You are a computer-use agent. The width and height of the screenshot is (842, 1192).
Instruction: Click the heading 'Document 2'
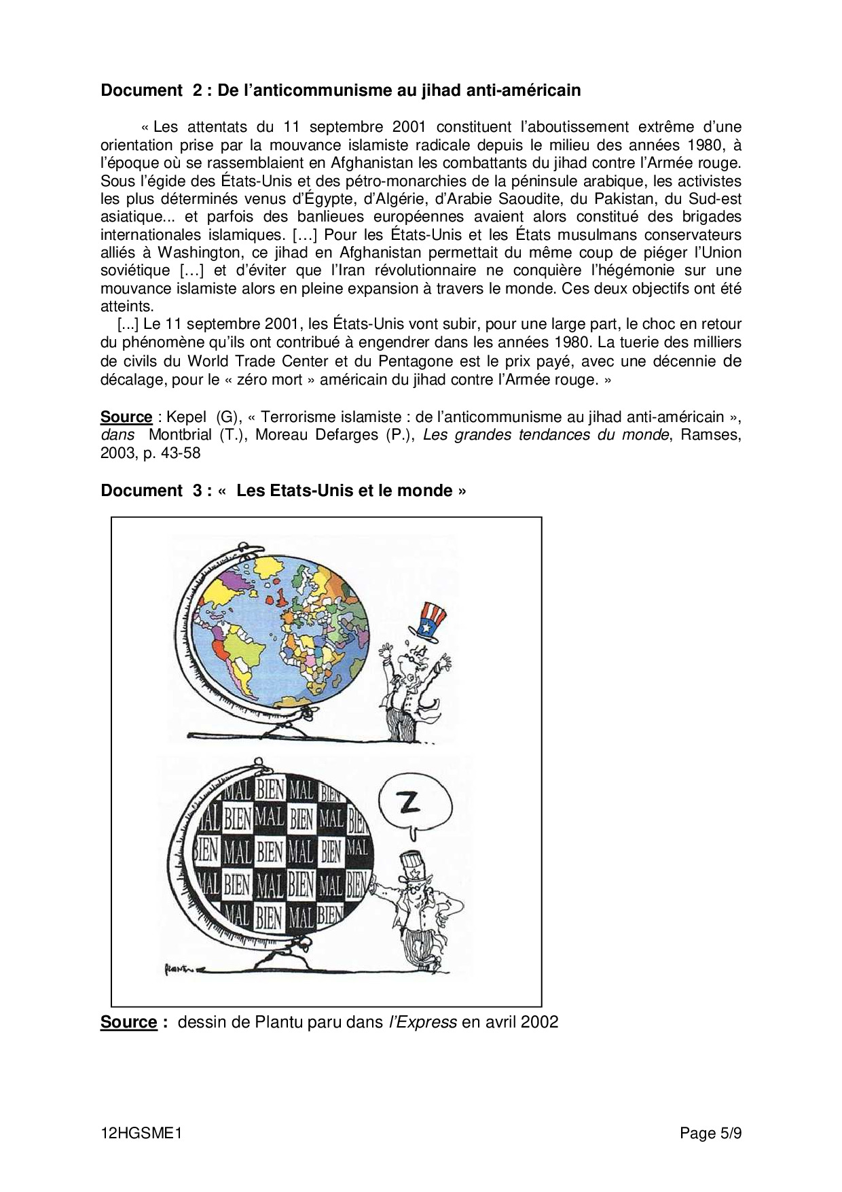[x=151, y=90]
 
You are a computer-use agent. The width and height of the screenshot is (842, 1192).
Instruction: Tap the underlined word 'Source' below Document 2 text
[x=126, y=417]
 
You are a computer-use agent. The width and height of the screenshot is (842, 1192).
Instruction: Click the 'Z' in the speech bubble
[x=410, y=804]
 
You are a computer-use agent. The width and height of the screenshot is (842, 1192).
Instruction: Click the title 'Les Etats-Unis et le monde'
[x=344, y=491]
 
